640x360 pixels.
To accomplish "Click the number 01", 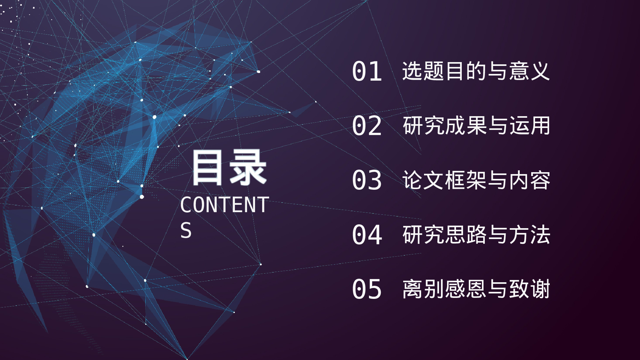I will [x=367, y=71].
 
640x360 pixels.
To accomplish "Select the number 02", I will [x=367, y=126].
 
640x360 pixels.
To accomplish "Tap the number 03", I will [x=367, y=180].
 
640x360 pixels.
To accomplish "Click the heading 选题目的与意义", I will [x=476, y=71].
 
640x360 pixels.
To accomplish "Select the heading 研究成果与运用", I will [x=476, y=125].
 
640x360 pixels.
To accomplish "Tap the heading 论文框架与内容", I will [x=476, y=180].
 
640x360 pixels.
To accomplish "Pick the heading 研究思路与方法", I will [x=476, y=235].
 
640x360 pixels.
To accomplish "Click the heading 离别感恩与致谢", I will [x=476, y=289].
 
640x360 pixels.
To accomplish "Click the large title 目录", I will [x=229, y=168].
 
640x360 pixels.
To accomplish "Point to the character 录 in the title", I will [x=248, y=168].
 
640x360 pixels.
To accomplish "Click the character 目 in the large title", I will [x=207, y=168].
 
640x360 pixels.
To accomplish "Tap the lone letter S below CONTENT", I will [x=186, y=230].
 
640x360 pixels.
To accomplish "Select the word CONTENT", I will [x=225, y=205].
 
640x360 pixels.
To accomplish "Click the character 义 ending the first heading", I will [x=540, y=71].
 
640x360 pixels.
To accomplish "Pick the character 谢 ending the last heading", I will [x=540, y=289].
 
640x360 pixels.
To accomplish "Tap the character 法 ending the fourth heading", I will [x=540, y=235].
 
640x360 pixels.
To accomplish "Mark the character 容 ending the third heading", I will [x=540, y=180].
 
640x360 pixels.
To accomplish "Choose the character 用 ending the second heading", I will [x=540, y=125].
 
